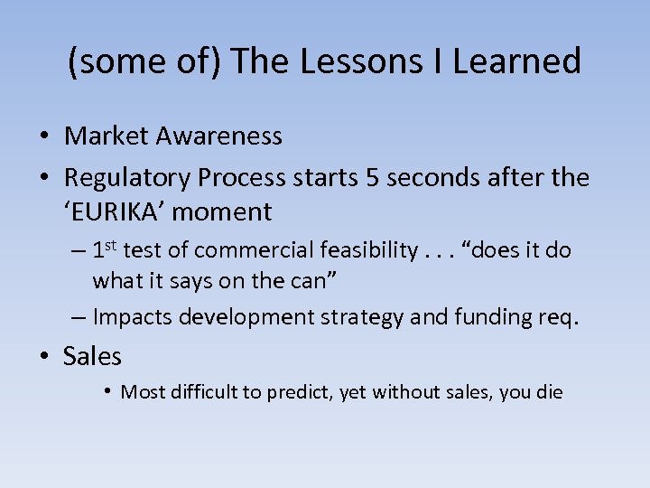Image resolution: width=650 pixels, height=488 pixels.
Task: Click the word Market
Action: click(107, 136)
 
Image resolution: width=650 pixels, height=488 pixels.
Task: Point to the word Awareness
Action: click(219, 136)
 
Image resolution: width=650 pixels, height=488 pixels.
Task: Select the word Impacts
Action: click(131, 316)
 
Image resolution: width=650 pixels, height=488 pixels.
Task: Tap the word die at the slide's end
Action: click(547, 392)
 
